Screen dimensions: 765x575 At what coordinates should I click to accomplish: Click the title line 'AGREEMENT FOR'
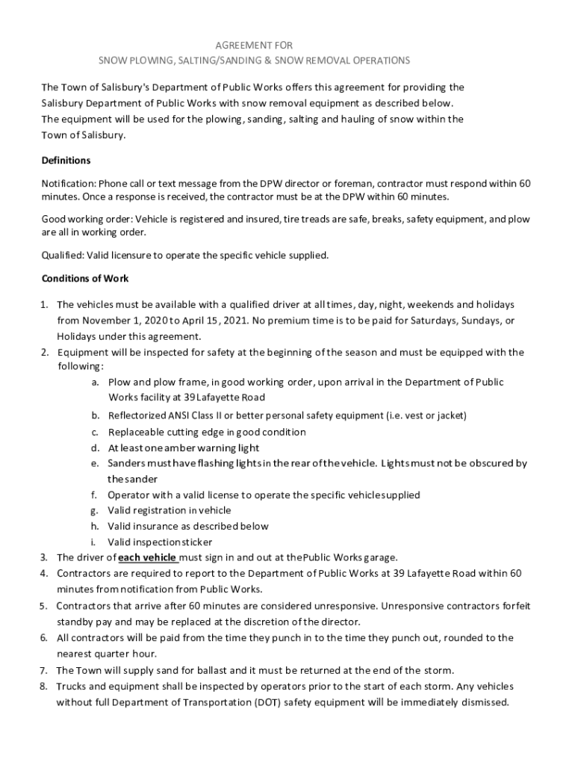click(x=254, y=46)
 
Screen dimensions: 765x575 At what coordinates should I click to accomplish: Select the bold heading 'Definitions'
click(x=66, y=161)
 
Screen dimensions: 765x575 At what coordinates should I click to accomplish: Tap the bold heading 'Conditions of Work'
click(x=85, y=279)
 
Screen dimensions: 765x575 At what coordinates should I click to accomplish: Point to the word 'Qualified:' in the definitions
click(x=63, y=255)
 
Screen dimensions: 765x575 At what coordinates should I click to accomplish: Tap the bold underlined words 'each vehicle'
click(x=148, y=557)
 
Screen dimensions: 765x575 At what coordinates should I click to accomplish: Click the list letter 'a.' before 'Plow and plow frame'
click(x=96, y=382)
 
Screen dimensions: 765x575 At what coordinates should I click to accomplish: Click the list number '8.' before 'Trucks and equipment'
click(x=45, y=686)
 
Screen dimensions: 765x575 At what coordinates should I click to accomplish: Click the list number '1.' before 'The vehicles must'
click(x=45, y=305)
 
